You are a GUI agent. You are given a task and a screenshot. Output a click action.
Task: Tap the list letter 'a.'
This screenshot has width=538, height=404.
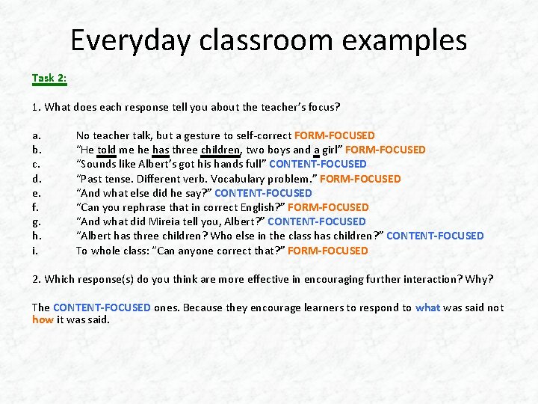tap(37, 135)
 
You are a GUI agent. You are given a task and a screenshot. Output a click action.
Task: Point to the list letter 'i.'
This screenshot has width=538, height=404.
tap(35, 251)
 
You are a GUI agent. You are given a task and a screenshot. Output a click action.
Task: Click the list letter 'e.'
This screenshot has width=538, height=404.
tap(37, 193)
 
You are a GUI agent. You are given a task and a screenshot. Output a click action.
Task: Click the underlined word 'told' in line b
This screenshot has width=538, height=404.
tap(107, 150)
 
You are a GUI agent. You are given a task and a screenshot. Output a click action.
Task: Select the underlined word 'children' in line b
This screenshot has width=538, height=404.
tap(220, 150)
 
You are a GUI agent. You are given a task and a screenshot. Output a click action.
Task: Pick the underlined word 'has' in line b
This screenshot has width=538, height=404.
tap(161, 150)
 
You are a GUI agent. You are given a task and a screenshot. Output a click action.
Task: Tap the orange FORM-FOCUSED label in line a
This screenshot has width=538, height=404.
tap(335, 135)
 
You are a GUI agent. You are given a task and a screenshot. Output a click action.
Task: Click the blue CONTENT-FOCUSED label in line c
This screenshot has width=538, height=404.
tap(318, 164)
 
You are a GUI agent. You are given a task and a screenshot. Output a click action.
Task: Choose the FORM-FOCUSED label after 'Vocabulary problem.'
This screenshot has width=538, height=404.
tap(360, 179)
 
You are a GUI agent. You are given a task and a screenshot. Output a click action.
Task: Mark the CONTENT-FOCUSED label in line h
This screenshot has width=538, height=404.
tap(435, 236)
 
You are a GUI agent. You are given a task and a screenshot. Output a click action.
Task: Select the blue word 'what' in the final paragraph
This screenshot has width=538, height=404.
tap(427, 307)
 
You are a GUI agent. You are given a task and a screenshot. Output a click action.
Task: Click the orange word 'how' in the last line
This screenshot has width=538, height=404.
tap(42, 319)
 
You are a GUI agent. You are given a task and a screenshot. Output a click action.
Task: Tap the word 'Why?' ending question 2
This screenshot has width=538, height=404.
tap(479, 279)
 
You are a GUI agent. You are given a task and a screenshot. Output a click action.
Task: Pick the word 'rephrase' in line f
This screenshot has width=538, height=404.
tap(143, 207)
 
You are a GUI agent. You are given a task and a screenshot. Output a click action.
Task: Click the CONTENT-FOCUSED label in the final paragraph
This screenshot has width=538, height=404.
tap(102, 307)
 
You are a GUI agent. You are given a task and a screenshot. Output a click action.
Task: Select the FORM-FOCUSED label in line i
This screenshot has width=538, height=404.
tap(327, 251)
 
